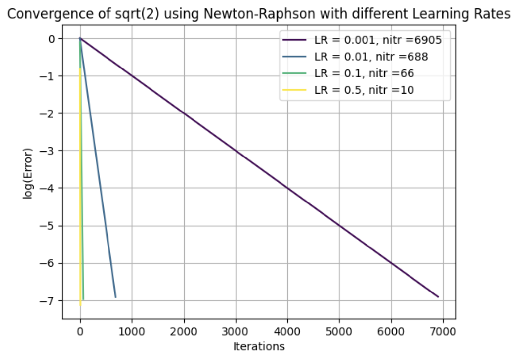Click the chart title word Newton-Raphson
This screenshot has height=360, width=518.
(259, 14)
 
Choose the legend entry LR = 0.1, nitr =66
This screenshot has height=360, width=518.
(364, 73)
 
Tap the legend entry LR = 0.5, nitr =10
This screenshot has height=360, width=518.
(364, 90)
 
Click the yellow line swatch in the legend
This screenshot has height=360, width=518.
(294, 90)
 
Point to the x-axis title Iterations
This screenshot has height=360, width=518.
(259, 346)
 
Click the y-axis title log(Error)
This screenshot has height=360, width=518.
(28, 173)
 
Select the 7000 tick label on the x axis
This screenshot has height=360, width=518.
(443, 332)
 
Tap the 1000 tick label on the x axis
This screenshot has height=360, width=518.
(132, 332)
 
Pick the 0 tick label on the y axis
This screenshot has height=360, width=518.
(52, 39)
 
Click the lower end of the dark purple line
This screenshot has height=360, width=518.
(438, 296)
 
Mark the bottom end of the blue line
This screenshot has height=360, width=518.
(115, 297)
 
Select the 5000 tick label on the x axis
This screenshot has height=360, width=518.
(339, 332)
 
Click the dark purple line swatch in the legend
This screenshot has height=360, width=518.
(294, 40)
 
